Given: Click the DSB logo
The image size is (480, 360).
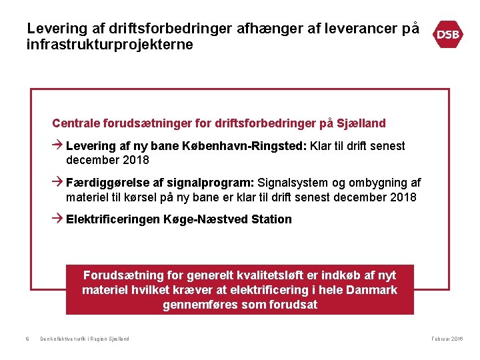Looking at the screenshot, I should point(448,35).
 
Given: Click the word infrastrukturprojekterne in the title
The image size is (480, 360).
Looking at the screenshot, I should point(109,45).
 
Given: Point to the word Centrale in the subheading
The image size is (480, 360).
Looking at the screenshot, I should point(74,123).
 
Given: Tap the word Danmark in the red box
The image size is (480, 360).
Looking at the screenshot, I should point(371,290).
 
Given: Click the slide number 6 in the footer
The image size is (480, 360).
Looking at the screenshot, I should point(27,339).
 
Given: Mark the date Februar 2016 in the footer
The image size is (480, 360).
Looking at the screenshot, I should point(447,339).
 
